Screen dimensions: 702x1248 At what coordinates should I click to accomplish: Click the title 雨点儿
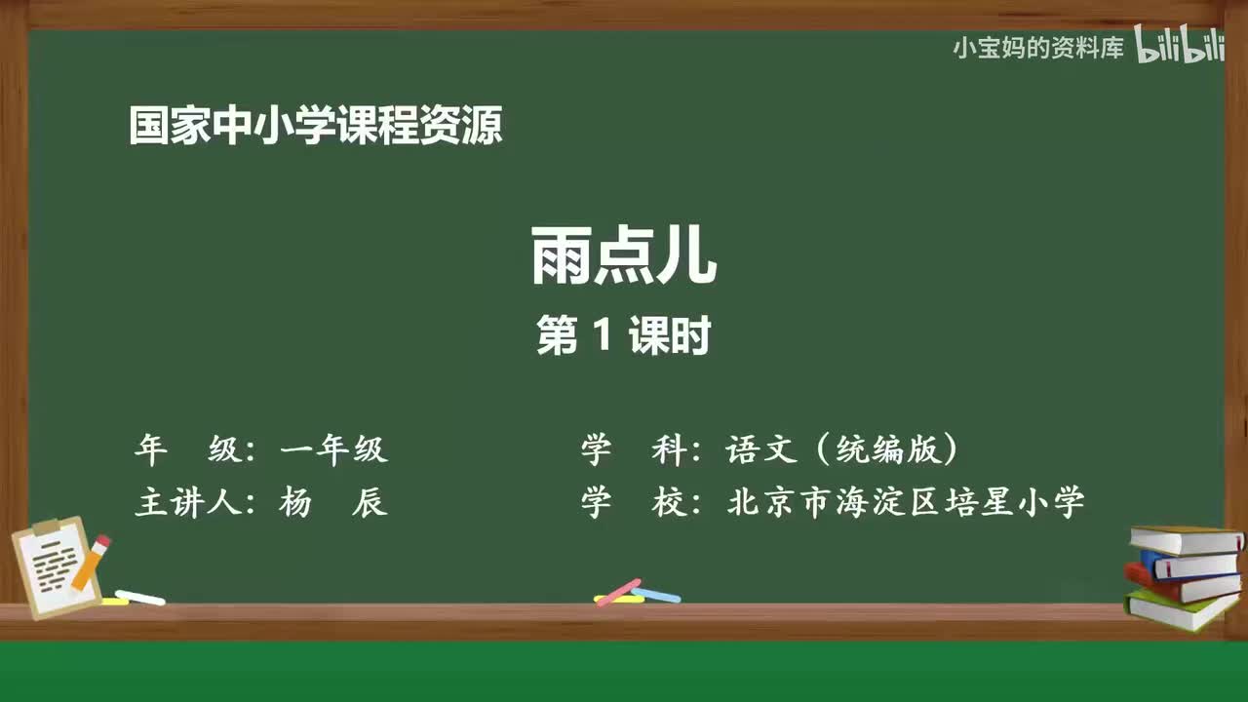tap(624, 256)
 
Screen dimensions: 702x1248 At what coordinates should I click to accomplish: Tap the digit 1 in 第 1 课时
tap(601, 336)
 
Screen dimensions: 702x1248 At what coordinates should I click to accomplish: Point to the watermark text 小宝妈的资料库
tap(1038, 47)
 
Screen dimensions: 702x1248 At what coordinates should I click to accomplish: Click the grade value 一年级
tap(333, 449)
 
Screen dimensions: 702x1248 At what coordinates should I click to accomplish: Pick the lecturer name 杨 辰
tap(333, 503)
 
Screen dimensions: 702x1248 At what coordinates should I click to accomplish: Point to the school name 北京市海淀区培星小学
tap(906, 503)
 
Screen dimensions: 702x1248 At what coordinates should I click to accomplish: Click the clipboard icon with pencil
tap(57, 565)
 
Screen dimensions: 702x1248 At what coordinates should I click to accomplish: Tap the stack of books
tap(1184, 577)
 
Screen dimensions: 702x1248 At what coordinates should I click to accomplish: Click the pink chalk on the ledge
tap(618, 592)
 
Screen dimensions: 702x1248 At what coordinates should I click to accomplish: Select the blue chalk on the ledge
tap(657, 594)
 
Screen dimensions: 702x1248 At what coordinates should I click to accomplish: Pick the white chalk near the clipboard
tap(139, 597)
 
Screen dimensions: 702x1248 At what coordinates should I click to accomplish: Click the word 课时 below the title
tap(668, 336)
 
